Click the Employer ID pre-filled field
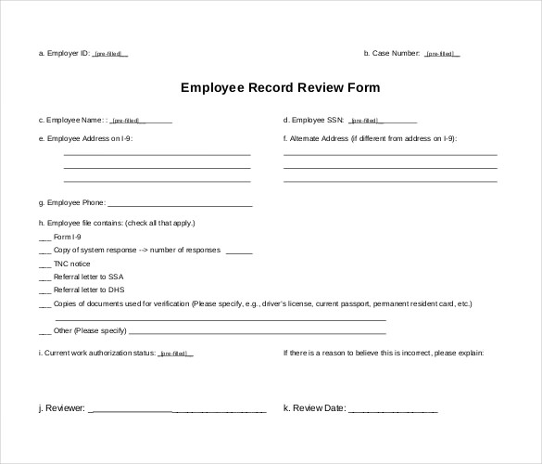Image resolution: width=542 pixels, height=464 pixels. (x=110, y=54)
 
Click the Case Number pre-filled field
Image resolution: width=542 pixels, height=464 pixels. (x=442, y=54)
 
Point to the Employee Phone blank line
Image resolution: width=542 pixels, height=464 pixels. (x=180, y=203)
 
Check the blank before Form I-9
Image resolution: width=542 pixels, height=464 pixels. (x=44, y=238)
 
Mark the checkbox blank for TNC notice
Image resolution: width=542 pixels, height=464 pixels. (x=44, y=264)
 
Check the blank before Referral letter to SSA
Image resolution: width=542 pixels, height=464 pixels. (x=44, y=277)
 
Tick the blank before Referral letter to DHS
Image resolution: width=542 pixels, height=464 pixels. (x=44, y=290)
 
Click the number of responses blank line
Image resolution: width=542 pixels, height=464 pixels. (x=238, y=251)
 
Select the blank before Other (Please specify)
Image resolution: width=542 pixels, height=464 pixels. (x=44, y=331)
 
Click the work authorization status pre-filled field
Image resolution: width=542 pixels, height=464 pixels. (x=176, y=354)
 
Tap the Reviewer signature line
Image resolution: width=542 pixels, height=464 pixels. (x=177, y=409)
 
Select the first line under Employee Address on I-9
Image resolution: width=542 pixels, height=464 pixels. (x=157, y=154)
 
